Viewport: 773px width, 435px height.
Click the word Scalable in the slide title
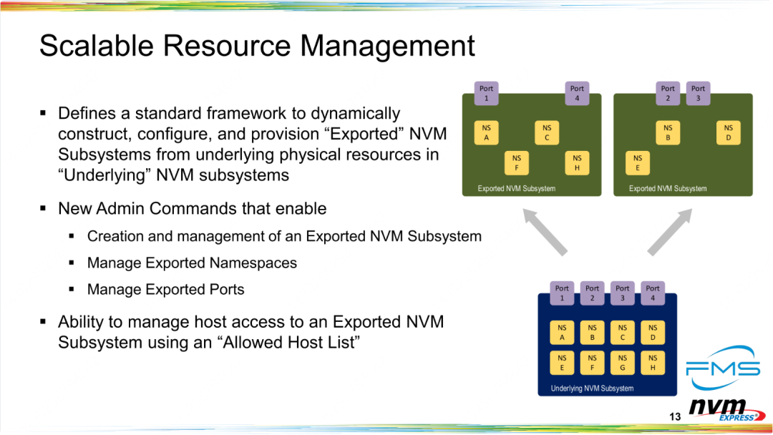(x=96, y=46)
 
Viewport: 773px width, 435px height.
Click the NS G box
(x=623, y=363)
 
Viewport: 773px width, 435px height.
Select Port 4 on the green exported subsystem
(x=577, y=93)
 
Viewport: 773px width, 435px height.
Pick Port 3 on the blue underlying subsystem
(x=623, y=293)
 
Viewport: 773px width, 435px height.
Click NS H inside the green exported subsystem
(x=577, y=162)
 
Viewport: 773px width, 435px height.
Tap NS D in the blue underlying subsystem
(x=653, y=332)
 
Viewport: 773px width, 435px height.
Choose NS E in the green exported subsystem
(x=638, y=162)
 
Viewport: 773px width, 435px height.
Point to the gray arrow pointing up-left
(x=545, y=232)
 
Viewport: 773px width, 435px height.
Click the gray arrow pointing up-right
(x=670, y=232)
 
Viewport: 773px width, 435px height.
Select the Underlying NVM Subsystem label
(x=592, y=388)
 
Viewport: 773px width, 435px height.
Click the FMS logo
(x=723, y=368)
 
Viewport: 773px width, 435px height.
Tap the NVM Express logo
(x=726, y=410)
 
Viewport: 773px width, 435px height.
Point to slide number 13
(x=675, y=417)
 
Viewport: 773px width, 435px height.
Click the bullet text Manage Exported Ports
(x=165, y=289)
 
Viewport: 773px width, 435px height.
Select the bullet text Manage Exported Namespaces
(x=192, y=263)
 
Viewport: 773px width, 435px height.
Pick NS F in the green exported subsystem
(x=517, y=162)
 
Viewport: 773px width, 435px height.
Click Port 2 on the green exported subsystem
(x=668, y=93)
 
